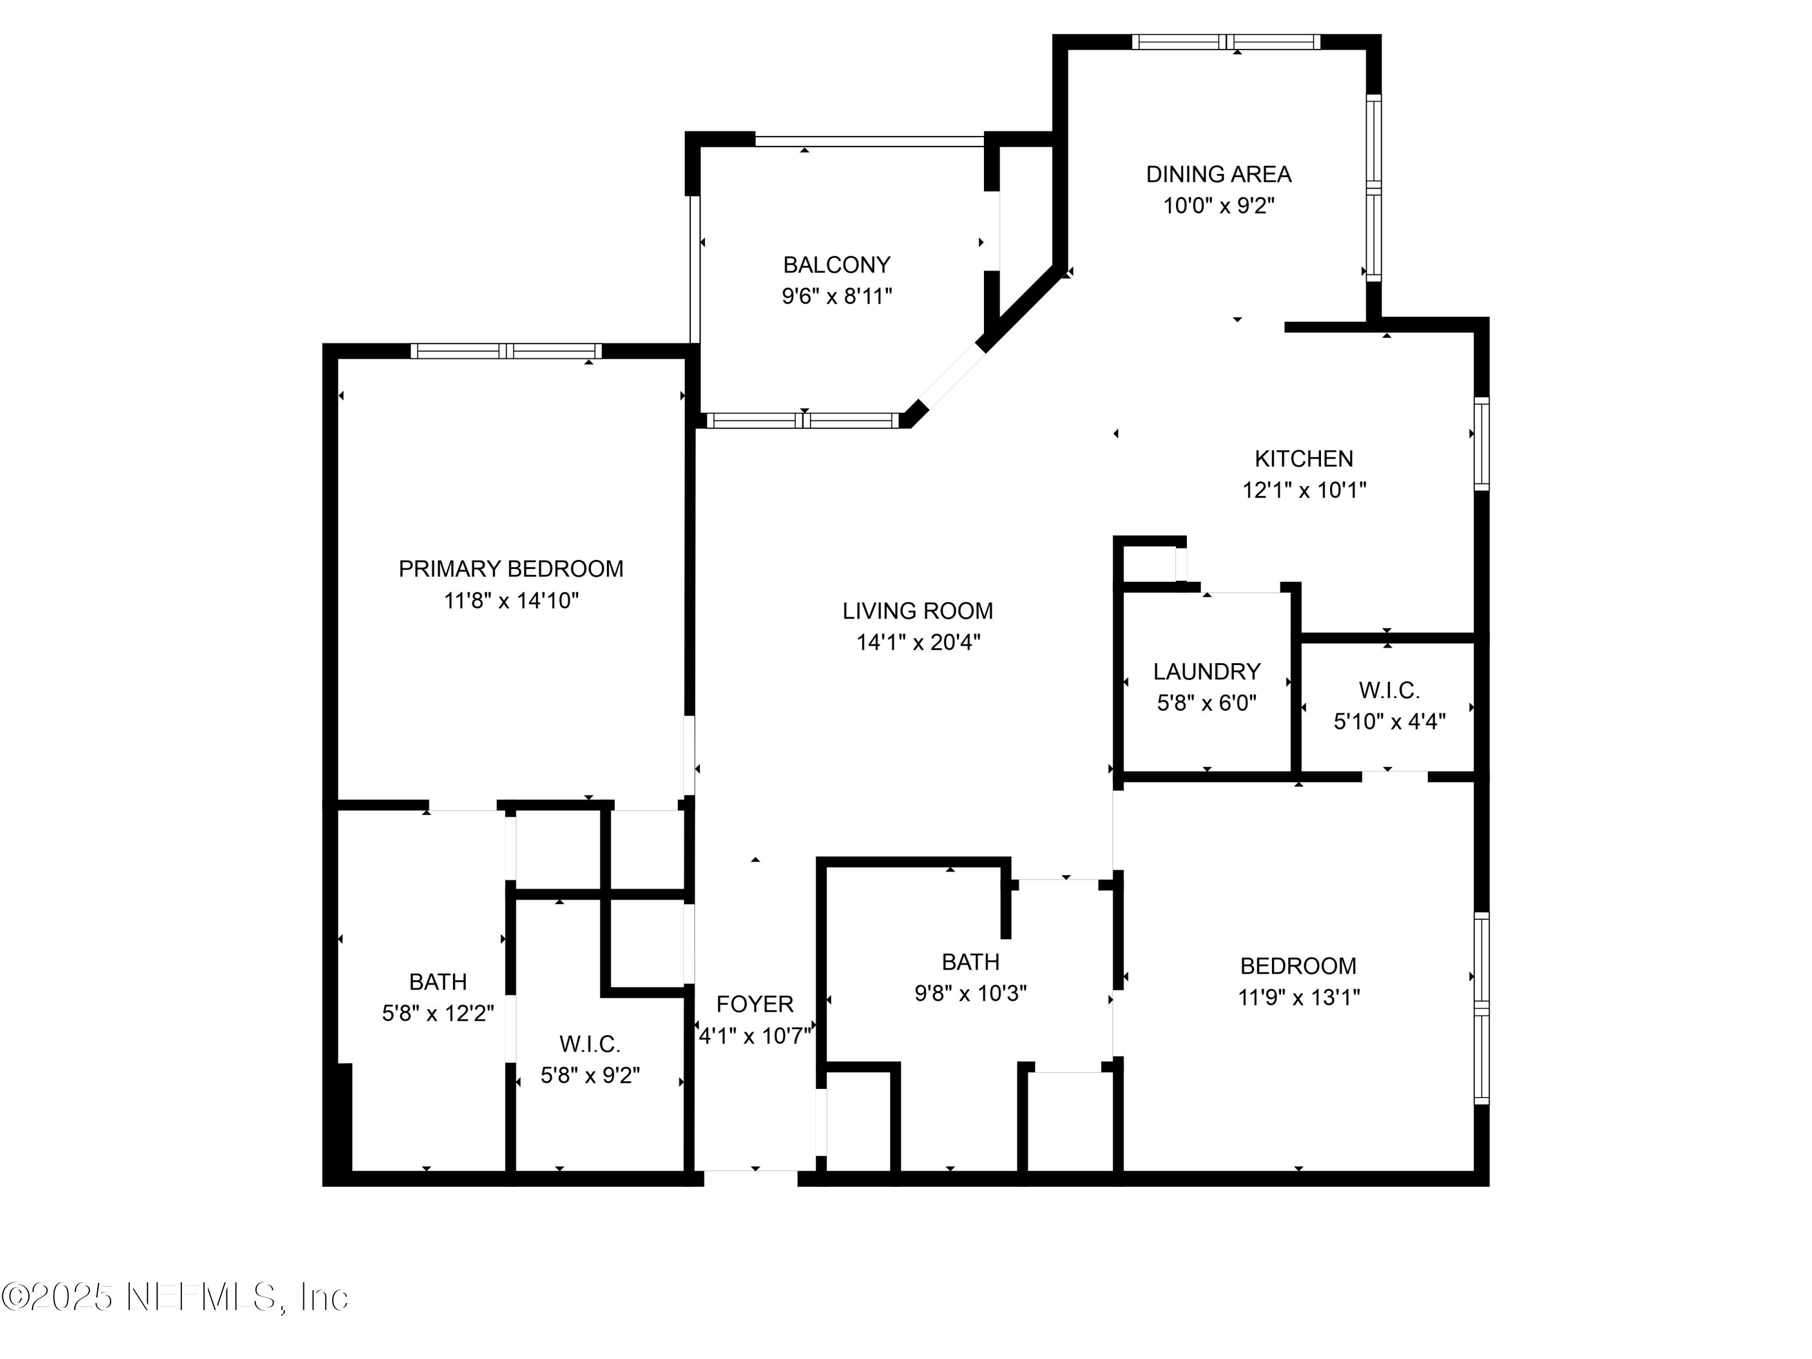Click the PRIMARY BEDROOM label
[510, 568]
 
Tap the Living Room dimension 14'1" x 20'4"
[917, 642]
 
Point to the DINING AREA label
[1218, 174]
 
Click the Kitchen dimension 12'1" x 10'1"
[1304, 490]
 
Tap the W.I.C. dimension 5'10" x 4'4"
[1389, 722]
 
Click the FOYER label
[754, 1004]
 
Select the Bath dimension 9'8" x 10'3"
[970, 994]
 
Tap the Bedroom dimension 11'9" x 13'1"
[1299, 998]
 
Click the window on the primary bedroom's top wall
[506, 352]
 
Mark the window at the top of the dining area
[1226, 42]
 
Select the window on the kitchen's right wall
[1481, 443]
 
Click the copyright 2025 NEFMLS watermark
[175, 1297]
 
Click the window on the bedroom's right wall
[1481, 1007]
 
